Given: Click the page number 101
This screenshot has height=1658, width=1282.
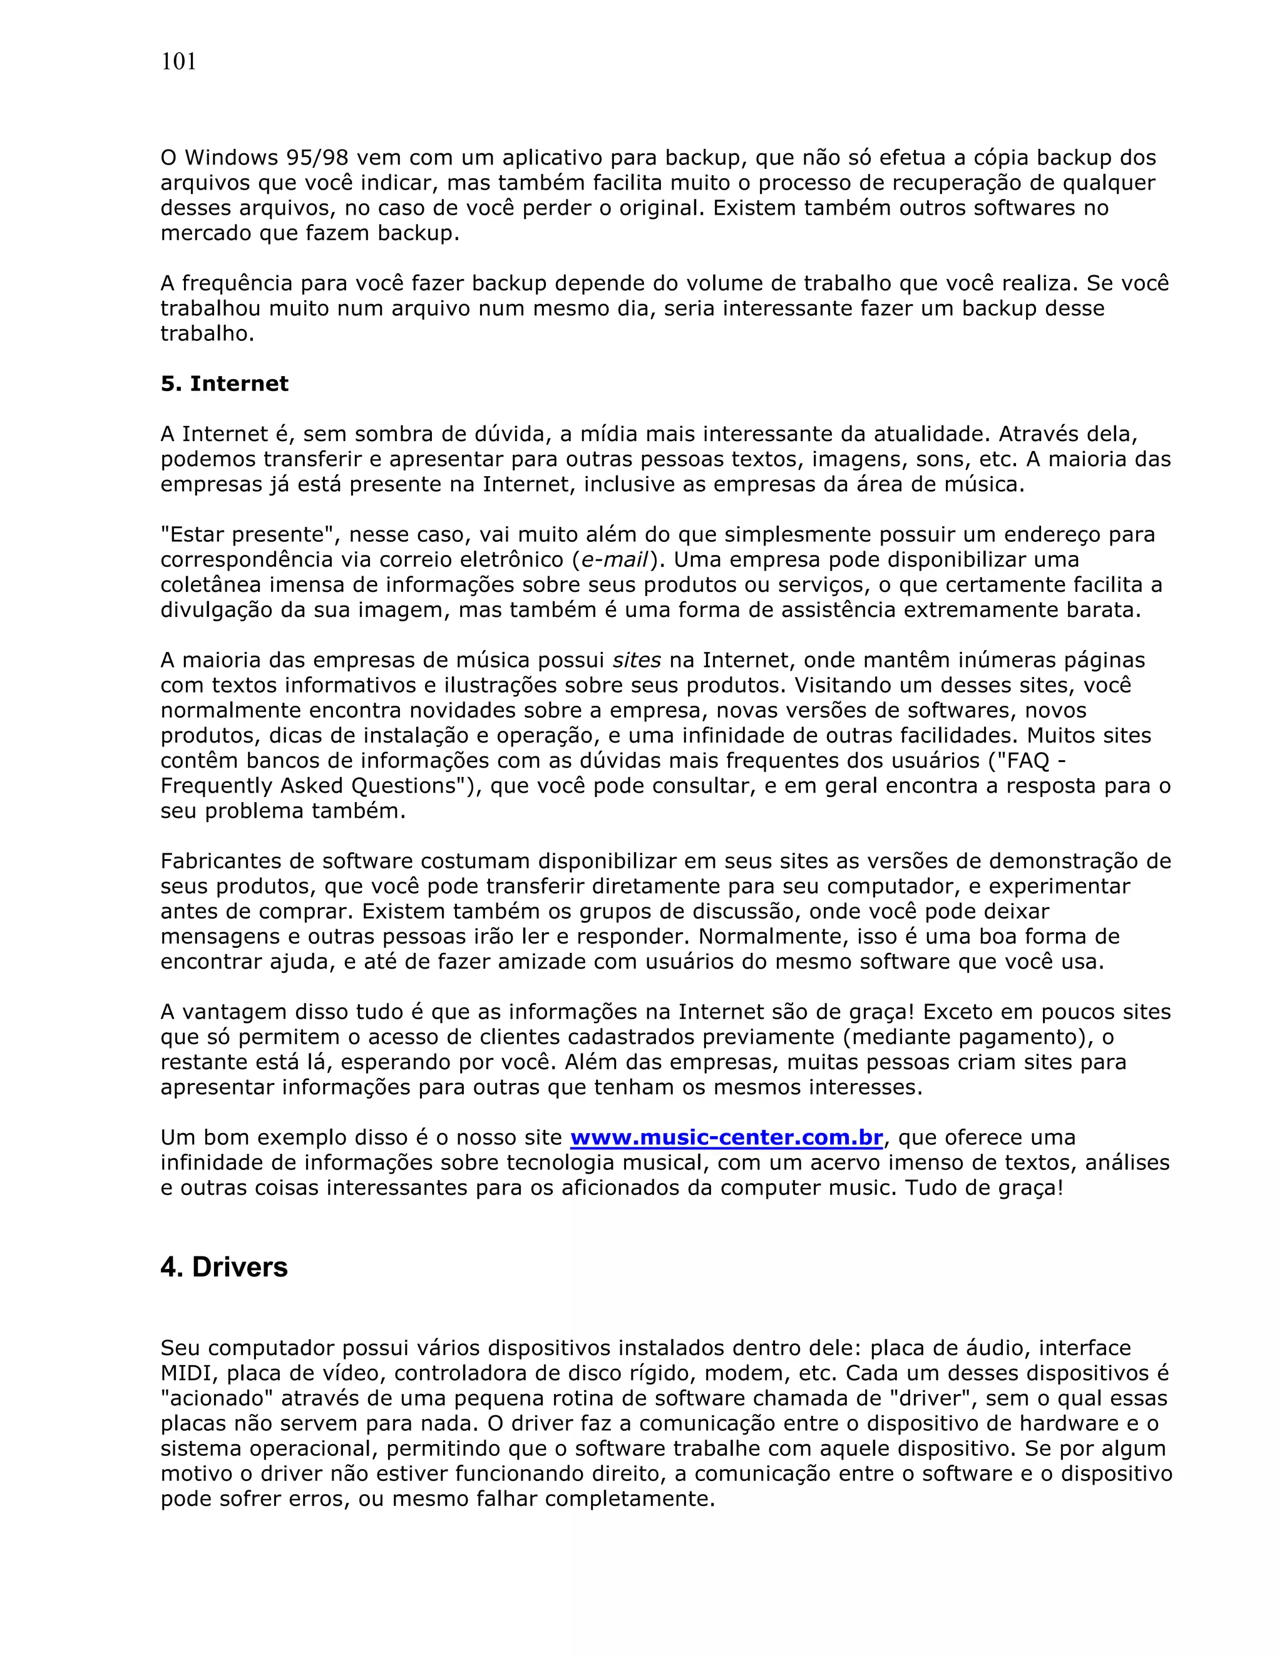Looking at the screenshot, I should click(x=178, y=62).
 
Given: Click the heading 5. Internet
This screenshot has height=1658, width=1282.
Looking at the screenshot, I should click(x=224, y=384).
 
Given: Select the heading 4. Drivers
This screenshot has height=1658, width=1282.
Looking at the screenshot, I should click(x=224, y=1267).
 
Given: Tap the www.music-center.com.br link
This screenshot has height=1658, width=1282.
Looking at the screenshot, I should click(x=726, y=1137).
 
